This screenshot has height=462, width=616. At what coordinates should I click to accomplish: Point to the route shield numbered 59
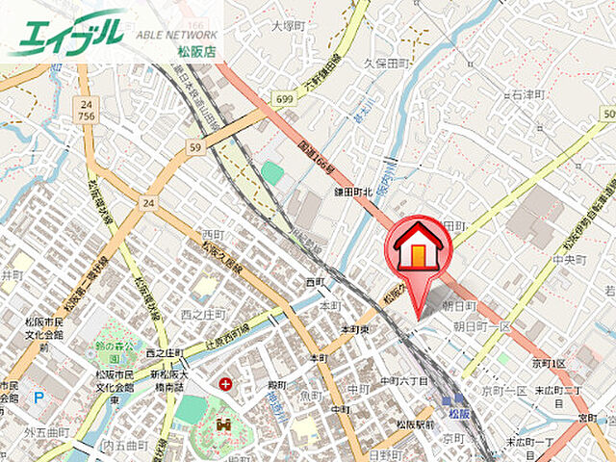tap(194, 147)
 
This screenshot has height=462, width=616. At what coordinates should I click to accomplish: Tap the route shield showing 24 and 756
tap(87, 110)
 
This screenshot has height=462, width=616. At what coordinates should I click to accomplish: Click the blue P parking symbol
tap(38, 395)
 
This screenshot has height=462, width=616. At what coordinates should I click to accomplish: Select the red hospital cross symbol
tap(225, 384)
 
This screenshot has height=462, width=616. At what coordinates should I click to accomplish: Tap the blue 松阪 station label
tap(458, 413)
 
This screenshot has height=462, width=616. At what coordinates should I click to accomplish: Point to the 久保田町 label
tap(386, 63)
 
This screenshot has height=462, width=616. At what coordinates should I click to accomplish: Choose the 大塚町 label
tap(287, 26)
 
